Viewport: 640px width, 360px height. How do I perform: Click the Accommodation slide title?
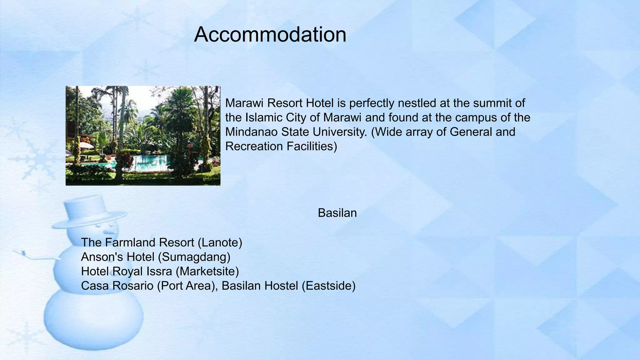point(270,34)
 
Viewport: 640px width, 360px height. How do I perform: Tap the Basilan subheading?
point(337,213)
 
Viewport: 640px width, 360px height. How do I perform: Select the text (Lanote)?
point(220,242)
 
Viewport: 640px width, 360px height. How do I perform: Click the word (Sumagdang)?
point(194,257)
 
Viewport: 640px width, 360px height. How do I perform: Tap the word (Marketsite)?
point(207,271)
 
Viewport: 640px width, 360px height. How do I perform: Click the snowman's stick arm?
point(36,256)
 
